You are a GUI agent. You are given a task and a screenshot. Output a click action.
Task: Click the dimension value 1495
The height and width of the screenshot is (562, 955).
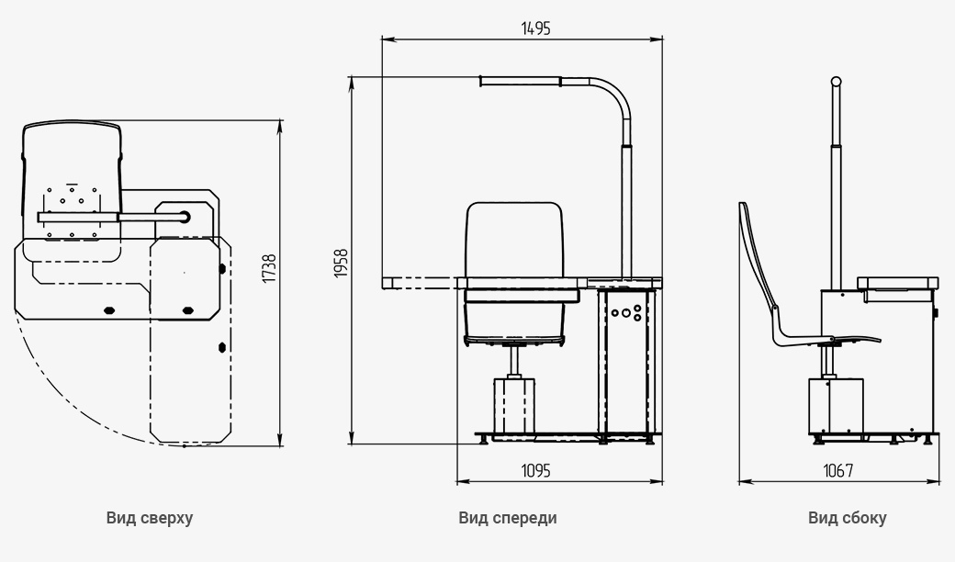pos(536,28)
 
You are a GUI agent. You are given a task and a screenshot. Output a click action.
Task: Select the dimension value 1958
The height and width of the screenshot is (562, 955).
pos(341,263)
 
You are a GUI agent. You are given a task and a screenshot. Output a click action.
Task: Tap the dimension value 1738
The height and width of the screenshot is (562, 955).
pos(268,268)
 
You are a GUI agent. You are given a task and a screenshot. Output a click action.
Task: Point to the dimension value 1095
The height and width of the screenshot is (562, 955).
pos(536,471)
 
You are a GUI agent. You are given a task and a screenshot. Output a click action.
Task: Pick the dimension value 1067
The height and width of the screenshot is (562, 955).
pos(838,471)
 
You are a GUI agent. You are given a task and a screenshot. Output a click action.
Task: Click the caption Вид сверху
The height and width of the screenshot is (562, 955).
pos(150,518)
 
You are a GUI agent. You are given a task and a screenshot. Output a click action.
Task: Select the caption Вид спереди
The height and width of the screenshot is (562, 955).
pos(507,518)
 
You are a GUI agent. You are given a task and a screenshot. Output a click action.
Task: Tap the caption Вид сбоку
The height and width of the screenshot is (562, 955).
pos(848,518)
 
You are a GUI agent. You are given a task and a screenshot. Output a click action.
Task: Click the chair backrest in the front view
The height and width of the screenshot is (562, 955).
pos(514,240)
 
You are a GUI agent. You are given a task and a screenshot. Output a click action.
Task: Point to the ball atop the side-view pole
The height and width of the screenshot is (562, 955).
pos(837,82)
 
